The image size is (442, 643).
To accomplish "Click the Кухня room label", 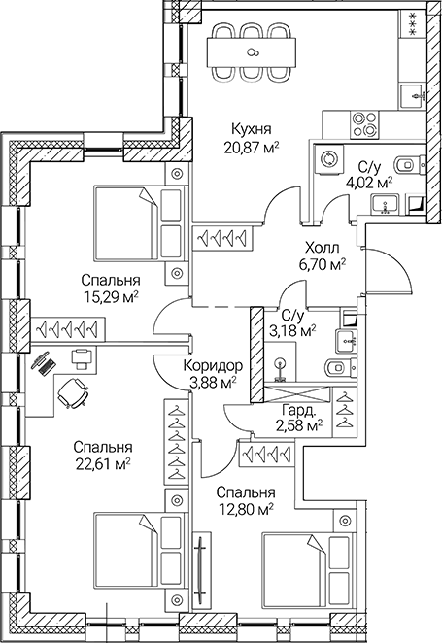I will (251, 128).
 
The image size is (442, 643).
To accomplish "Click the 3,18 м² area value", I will (295, 331).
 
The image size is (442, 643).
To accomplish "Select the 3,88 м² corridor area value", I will (212, 383).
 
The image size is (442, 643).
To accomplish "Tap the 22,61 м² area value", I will (102, 464).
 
